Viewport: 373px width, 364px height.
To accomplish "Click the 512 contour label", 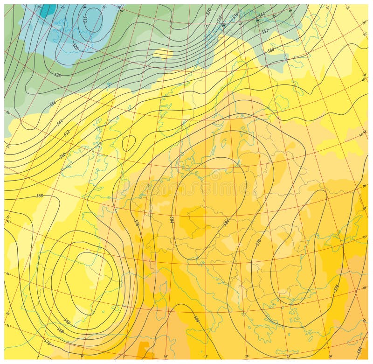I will point(85,19).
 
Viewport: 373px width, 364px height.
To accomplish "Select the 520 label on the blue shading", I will point(75,46).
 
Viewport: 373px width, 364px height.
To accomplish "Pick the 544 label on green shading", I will point(262,14).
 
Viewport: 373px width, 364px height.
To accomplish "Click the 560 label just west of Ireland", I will point(62,155).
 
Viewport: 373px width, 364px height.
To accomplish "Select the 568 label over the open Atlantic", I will point(40,195).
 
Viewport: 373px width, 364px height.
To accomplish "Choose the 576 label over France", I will point(136,223).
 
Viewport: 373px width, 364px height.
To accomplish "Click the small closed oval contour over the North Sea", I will point(128,143).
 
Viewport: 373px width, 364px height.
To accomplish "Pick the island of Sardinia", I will point(159,308).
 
